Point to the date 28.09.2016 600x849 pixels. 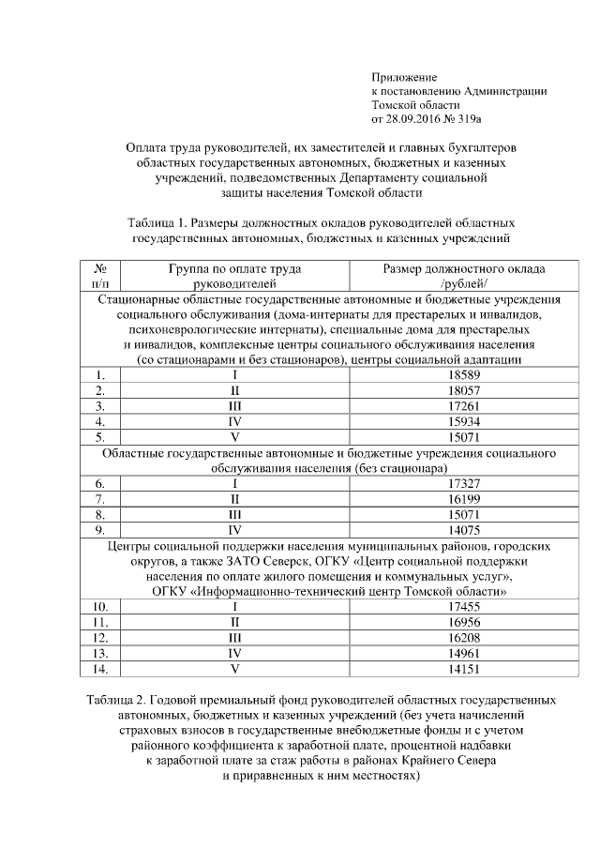416,119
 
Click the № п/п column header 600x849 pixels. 101,275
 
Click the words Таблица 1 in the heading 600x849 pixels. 155,223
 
